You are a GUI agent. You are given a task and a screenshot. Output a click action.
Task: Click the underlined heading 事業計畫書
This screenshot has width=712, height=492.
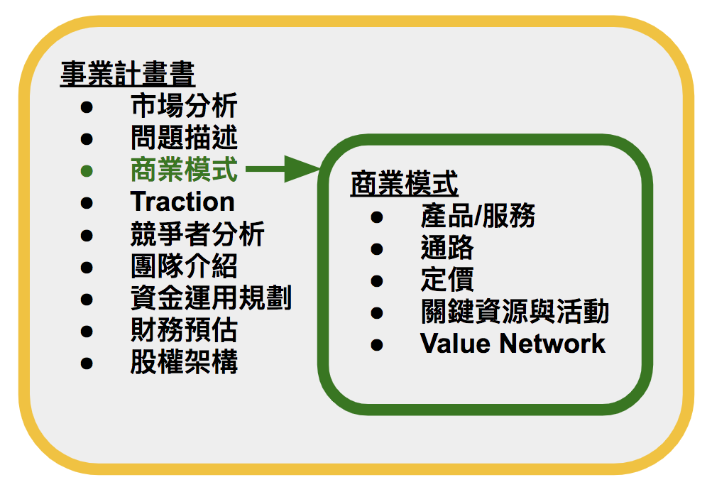tap(128, 74)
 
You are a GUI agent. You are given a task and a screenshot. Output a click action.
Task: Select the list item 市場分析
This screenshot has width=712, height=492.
tap(184, 106)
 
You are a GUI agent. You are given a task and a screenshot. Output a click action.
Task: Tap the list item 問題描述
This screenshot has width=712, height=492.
tap(184, 138)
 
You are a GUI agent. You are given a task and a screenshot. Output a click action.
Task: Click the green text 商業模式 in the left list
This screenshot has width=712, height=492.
tap(184, 170)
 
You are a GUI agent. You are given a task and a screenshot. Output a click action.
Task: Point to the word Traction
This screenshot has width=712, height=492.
tap(182, 202)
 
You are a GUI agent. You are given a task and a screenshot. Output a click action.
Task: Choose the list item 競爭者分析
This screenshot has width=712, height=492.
tap(197, 234)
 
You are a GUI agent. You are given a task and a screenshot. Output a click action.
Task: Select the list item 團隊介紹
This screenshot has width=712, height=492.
tap(184, 266)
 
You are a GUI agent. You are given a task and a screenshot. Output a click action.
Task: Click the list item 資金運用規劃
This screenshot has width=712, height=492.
tap(211, 298)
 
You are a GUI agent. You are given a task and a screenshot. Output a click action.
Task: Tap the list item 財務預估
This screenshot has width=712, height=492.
tap(184, 330)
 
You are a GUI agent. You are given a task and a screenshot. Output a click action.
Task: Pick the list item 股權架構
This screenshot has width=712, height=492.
tap(184, 362)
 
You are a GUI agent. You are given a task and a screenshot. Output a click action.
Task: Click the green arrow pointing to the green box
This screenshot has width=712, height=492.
tap(283, 169)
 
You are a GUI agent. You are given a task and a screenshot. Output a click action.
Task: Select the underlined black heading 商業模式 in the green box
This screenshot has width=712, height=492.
tap(404, 184)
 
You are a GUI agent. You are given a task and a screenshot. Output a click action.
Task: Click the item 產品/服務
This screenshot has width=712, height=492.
tap(478, 216)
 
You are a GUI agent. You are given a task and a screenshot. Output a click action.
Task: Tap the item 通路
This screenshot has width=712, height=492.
tap(447, 248)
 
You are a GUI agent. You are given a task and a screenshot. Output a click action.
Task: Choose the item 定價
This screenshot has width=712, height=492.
tap(447, 280)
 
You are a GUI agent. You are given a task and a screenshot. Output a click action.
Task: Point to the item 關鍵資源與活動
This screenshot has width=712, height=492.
tap(515, 312)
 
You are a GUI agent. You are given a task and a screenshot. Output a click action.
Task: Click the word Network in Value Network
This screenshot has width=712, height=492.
tap(552, 344)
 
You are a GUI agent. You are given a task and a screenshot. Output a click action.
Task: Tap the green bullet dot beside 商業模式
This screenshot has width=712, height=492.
tap(87, 171)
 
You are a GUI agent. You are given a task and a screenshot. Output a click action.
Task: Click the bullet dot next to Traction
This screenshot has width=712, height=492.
tap(87, 203)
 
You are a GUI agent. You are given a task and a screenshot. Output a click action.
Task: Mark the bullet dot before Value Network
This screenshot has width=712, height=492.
tap(377, 345)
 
